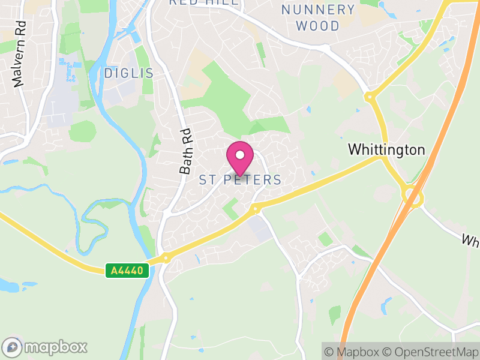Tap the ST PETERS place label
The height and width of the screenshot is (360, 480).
(240, 179)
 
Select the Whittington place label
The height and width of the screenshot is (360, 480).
(386, 149)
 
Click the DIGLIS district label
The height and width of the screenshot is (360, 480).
(129, 73)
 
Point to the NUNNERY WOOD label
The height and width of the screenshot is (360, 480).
(319, 17)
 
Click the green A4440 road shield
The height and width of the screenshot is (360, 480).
(127, 271)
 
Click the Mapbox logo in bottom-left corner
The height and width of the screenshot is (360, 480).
(45, 347)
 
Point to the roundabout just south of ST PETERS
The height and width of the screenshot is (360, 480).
(256, 209)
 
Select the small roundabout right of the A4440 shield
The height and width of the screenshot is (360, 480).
(166, 259)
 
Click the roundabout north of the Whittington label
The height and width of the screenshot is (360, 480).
(370, 96)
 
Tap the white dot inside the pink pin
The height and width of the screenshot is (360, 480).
(240, 155)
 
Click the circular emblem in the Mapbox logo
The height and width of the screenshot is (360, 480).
(12, 347)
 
